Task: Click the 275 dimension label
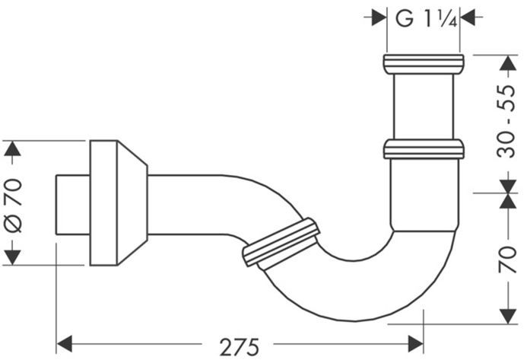240,347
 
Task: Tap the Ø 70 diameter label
14,205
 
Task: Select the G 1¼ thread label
426,18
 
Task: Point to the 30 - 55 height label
506,122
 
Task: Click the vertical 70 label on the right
507,260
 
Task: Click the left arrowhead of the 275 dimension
65,344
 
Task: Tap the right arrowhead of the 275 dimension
415,344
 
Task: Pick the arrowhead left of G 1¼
379,17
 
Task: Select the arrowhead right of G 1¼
468,17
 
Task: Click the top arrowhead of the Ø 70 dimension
12,148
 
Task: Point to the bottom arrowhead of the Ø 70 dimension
12,257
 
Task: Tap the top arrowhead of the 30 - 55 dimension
508,62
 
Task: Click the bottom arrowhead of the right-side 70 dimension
508,317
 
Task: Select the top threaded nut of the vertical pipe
424,64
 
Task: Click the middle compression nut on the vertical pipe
424,149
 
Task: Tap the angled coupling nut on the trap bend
281,242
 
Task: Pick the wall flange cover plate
119,203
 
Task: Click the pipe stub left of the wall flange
72,205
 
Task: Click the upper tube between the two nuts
424,107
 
